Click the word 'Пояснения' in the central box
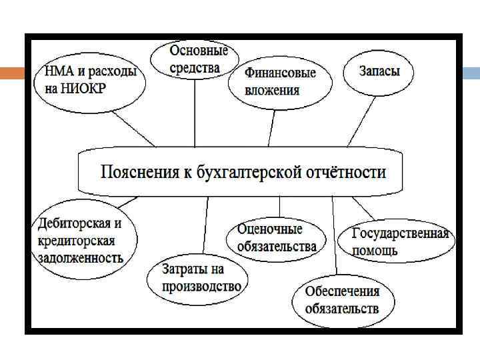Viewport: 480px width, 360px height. pyautogui.click(x=139, y=173)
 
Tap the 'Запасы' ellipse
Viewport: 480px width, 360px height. pyautogui.click(x=379, y=71)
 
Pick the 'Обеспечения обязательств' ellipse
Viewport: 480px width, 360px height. pyautogui.click(x=341, y=300)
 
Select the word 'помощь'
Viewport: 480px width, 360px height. pyautogui.click(x=375, y=251)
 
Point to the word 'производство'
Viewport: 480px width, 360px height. pyautogui.click(x=201, y=287)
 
